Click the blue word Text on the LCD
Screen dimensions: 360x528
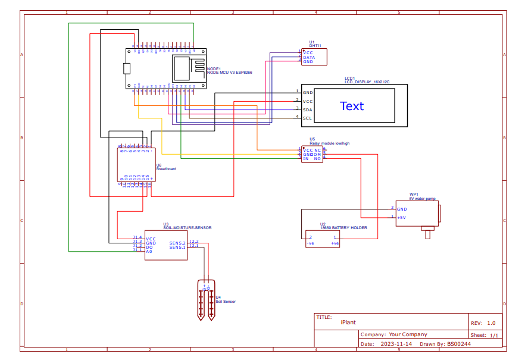tap(351, 106)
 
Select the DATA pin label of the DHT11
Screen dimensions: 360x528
tap(309, 57)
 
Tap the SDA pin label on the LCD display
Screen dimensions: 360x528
tap(307, 109)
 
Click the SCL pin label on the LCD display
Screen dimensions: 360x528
tap(307, 118)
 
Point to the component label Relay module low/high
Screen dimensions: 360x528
tap(329, 143)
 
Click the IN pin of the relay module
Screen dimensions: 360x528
tap(306, 159)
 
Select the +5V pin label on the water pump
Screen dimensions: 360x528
tap(401, 217)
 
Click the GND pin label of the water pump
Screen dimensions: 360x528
tap(402, 209)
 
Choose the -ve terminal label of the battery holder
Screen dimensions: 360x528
tap(310, 243)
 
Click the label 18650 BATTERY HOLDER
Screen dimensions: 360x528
tap(343, 228)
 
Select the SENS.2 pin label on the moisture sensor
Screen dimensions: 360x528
tap(177, 243)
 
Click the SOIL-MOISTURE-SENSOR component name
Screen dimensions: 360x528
tap(187, 228)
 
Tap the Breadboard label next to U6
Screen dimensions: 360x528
tap(166, 169)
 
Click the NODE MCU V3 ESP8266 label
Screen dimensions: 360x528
tap(229, 72)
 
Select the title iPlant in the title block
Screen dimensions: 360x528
tap(348, 322)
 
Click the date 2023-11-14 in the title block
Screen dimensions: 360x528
tap(396, 343)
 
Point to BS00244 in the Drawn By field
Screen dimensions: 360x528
tap(459, 343)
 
